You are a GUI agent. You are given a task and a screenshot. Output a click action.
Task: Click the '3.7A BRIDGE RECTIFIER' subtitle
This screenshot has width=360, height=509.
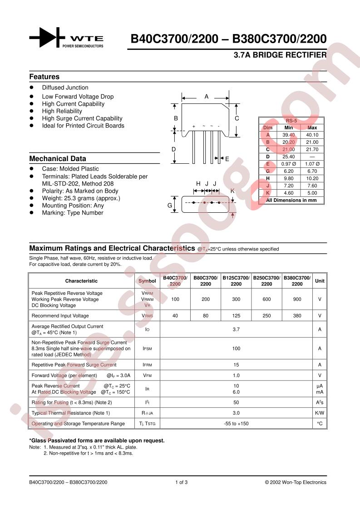pyautogui.click(x=280, y=55)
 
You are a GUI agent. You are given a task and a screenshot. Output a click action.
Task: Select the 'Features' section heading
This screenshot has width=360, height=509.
pyautogui.click(x=44, y=77)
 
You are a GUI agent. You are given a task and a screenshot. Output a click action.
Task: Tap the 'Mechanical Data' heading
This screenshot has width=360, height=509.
pyautogui.click(x=58, y=159)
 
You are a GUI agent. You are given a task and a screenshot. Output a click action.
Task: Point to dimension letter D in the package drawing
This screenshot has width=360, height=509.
pyautogui.click(x=173, y=149)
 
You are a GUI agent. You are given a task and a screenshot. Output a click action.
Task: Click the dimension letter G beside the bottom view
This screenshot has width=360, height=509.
pyautogui.click(x=170, y=205)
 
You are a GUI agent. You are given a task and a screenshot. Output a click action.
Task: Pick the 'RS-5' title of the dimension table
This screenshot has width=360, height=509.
pyautogui.click(x=291, y=121)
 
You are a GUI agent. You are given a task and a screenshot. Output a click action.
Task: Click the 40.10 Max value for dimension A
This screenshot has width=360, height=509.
pyautogui.click(x=312, y=135)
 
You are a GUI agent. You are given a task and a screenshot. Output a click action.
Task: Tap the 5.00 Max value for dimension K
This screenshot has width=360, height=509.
pyautogui.click(x=312, y=193)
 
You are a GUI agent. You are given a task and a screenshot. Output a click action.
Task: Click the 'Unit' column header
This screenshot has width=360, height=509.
pyautogui.click(x=320, y=281)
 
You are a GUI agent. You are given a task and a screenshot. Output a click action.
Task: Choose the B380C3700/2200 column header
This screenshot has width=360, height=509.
pyautogui.click(x=297, y=281)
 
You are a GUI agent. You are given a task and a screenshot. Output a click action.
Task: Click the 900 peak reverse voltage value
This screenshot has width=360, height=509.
pyautogui.click(x=297, y=299)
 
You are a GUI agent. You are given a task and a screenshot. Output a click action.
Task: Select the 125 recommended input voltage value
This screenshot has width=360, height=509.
pyautogui.click(x=236, y=316)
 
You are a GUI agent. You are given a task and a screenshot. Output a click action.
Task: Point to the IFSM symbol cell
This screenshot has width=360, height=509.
pyautogui.click(x=147, y=348)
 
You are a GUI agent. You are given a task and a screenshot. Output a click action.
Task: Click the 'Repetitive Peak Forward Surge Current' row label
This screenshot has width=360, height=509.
pyautogui.click(x=74, y=365)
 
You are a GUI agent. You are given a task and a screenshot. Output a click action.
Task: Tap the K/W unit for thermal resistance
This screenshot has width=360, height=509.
pyautogui.click(x=320, y=413)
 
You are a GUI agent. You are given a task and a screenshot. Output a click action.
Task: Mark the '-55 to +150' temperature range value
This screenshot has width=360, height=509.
pyautogui.click(x=236, y=424)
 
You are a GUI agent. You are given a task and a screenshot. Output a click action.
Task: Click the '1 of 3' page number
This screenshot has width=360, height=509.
pyautogui.click(x=181, y=482)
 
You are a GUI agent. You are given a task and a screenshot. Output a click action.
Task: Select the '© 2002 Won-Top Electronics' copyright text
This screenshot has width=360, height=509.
pyautogui.click(x=296, y=482)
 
